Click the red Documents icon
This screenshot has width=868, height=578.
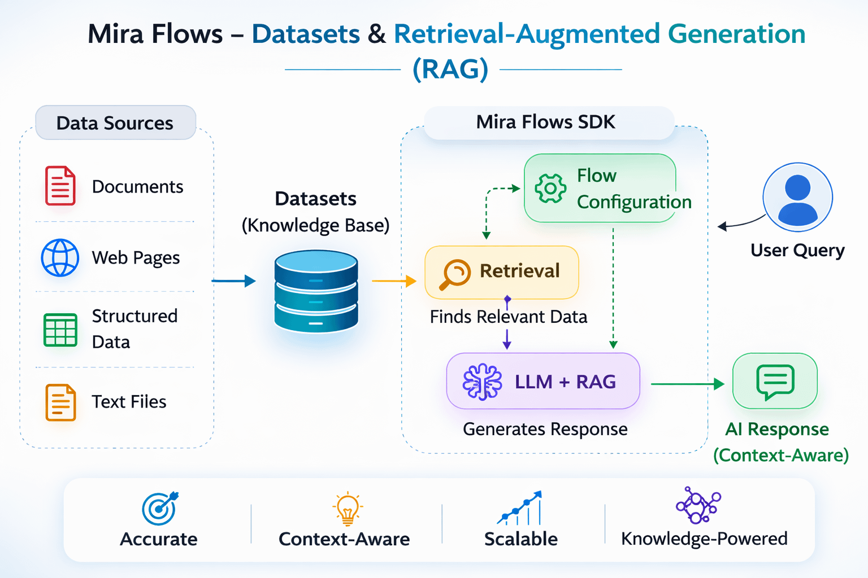(60, 186)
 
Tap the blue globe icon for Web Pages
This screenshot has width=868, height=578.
(60, 258)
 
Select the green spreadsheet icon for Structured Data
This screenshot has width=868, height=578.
(60, 330)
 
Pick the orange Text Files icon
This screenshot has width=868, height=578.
(60, 402)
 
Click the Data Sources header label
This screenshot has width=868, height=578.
(115, 122)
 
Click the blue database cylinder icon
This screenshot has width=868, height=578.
(316, 291)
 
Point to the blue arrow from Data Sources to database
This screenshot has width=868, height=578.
(233, 281)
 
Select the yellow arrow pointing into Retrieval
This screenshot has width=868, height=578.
(394, 281)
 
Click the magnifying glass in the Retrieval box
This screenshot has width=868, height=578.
(454, 274)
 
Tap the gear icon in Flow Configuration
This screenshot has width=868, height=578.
(550, 189)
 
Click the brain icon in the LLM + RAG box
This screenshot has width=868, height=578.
(482, 382)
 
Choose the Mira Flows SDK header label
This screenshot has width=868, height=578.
(546, 122)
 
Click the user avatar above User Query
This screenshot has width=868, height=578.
(797, 197)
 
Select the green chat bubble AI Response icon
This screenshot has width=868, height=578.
(775, 382)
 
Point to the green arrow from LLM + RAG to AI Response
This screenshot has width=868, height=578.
(687, 384)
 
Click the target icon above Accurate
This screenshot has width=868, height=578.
(160, 507)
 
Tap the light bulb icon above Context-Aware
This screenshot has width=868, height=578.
(347, 507)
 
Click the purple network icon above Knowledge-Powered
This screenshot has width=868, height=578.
(698, 505)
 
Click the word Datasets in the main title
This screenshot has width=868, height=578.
(306, 34)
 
